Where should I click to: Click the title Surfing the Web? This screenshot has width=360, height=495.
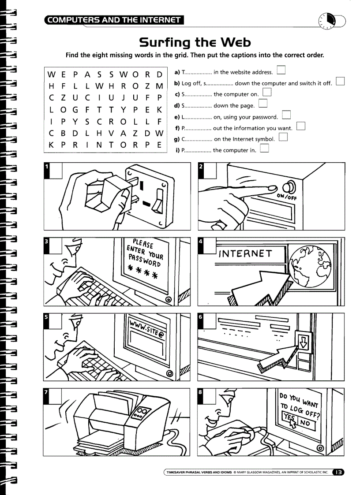point(195,43)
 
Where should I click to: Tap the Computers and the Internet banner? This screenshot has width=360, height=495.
point(114,19)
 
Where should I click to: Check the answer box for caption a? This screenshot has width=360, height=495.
point(281,71)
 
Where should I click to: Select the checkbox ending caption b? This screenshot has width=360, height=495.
point(340,82)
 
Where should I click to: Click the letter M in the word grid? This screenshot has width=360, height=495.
point(160,85)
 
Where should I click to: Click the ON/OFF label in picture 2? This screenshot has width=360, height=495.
point(287,197)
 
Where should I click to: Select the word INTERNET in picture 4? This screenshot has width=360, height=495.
point(246,253)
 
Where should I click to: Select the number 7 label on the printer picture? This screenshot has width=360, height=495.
point(47,392)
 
